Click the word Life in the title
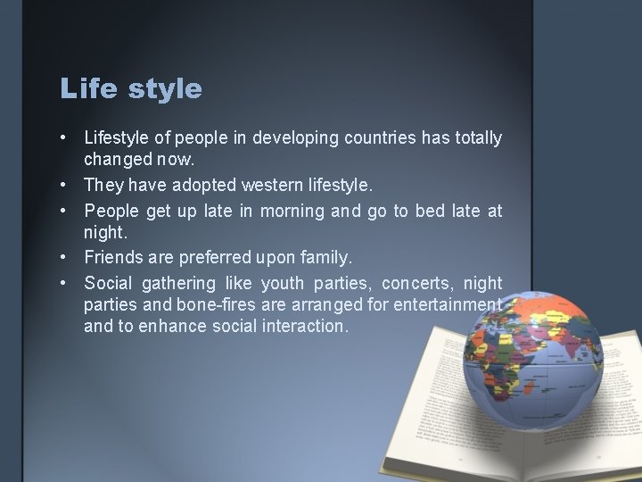(84, 89)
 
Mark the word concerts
(417, 282)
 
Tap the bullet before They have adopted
(67, 186)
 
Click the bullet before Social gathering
(67, 282)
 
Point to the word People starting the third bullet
(111, 210)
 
